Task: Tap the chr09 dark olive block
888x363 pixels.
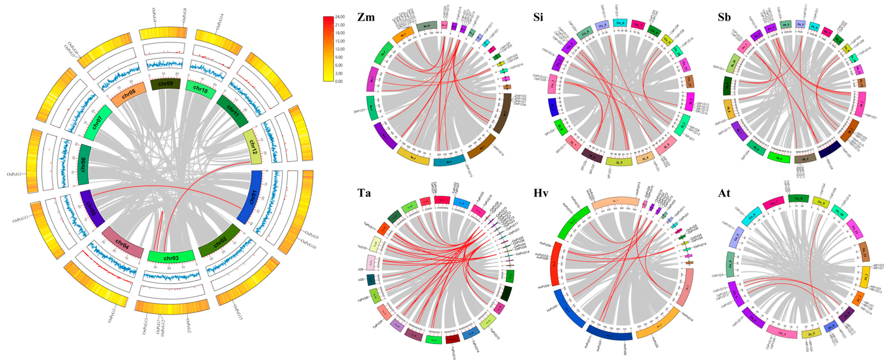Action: click(x=166, y=84)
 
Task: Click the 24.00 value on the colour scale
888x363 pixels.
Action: click(x=340, y=17)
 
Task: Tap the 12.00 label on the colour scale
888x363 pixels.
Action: click(x=340, y=49)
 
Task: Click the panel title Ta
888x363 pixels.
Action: click(x=364, y=192)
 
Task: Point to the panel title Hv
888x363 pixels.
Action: click(x=541, y=192)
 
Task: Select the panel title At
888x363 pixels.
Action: click(x=724, y=192)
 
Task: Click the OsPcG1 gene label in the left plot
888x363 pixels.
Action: click(x=14, y=174)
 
